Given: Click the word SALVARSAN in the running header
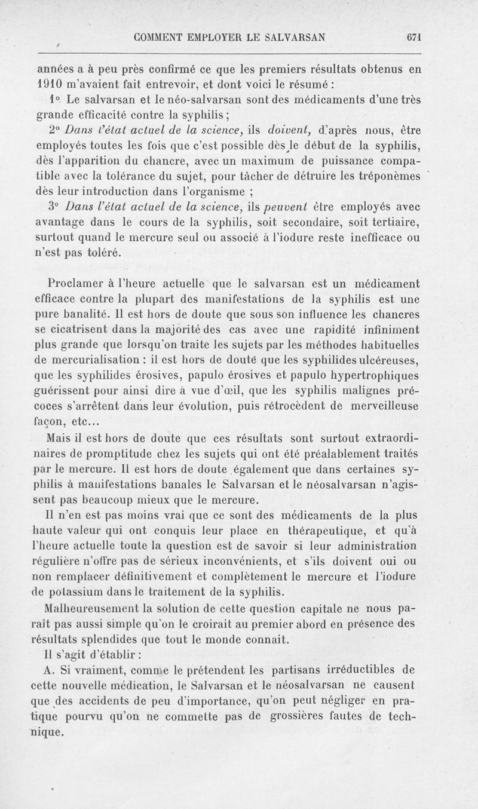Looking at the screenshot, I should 289,35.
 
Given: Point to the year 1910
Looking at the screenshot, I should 41,84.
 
